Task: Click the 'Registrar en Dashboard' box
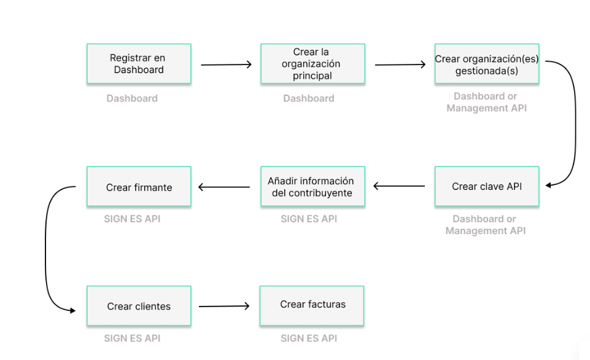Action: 138,64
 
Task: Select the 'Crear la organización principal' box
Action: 312,64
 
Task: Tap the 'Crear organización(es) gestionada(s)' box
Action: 487,64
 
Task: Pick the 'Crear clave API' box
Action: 487,187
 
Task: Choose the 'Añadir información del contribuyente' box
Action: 311,187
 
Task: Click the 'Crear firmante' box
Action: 139,187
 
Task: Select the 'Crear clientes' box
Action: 139,306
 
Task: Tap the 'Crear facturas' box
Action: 312,305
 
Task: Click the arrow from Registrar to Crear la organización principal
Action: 226,65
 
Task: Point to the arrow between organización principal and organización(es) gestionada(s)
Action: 400,65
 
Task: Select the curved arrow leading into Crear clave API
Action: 574,123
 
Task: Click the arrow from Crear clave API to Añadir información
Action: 399,186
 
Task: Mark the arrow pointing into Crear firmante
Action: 225,187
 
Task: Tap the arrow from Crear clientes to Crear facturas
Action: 224,305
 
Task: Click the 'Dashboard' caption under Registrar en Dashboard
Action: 132,98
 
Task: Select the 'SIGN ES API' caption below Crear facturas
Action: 309,338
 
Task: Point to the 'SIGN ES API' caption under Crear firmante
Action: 132,219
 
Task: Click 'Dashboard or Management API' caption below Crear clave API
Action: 485,225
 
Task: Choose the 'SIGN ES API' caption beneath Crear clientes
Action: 132,338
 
